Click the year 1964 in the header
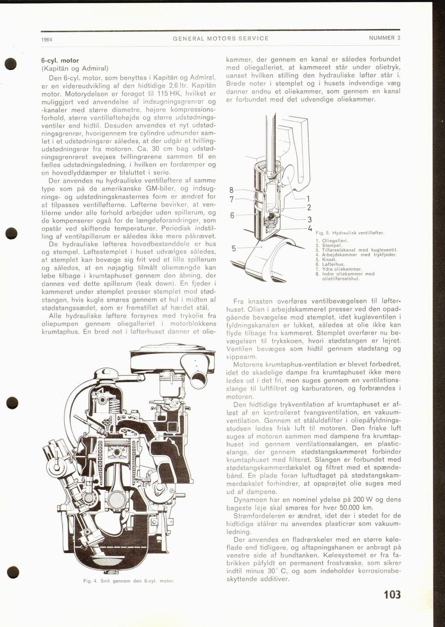click(46, 39)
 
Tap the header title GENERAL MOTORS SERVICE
click(221, 39)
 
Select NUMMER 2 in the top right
click(384, 38)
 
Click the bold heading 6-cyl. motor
click(60, 60)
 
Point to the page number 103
click(392, 595)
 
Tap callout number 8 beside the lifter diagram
click(232, 190)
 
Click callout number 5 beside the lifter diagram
click(234, 249)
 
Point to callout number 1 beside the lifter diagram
click(308, 198)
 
